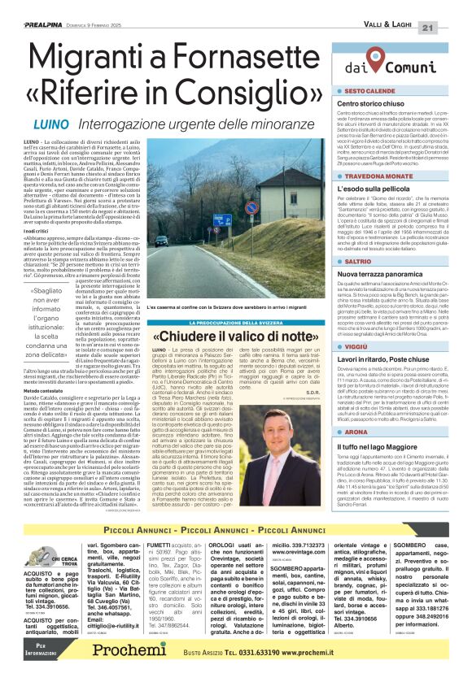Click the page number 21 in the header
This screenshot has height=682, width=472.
pyautogui.click(x=449, y=7)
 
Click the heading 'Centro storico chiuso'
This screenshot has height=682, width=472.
pyautogui.click(x=369, y=105)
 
